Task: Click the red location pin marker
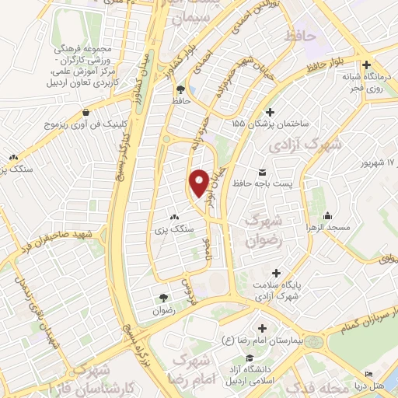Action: [x=199, y=183]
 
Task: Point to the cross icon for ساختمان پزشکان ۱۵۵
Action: [x=270, y=111]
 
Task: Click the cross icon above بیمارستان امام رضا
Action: [x=262, y=328]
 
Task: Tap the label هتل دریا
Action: [x=379, y=386]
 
